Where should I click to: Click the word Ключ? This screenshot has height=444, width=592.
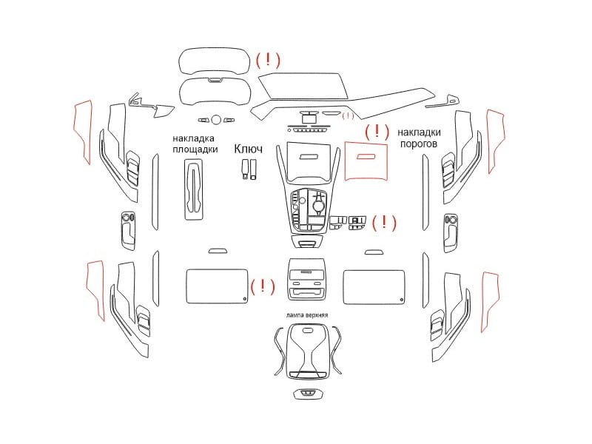[x=248, y=149]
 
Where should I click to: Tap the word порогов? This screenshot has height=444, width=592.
[x=418, y=144]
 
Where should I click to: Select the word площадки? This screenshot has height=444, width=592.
[x=195, y=149]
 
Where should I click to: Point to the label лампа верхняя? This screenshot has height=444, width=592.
[x=307, y=315]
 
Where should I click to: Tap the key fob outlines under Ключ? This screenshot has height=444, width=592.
[x=249, y=169]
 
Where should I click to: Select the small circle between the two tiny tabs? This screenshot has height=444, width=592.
[x=216, y=120]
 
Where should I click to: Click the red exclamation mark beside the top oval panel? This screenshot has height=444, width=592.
[x=268, y=59]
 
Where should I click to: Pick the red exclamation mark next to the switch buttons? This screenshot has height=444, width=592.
[x=384, y=222]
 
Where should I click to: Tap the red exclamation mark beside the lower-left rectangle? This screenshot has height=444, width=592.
[x=263, y=286]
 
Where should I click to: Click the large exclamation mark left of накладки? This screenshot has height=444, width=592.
[x=377, y=131]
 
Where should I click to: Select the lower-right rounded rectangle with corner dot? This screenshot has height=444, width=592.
[x=374, y=287]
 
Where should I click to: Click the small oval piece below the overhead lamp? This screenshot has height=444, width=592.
[x=309, y=394]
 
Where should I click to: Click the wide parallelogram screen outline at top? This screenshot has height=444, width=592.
[x=303, y=87]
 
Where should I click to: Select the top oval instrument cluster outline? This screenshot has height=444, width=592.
[x=214, y=61]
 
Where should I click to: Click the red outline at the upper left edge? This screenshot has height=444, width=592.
[x=83, y=132]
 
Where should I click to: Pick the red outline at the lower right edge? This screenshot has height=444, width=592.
[x=490, y=301]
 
